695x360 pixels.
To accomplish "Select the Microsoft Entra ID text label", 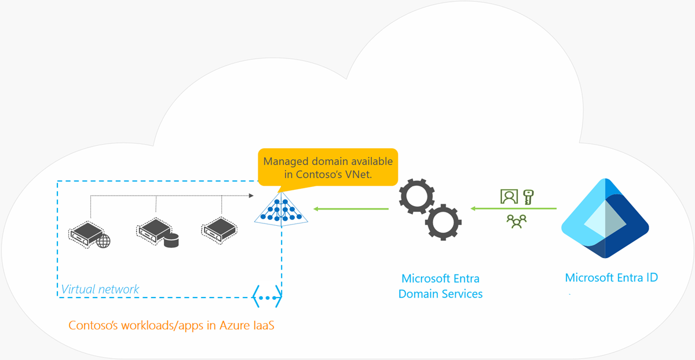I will click(x=611, y=278).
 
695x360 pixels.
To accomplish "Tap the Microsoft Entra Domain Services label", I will click(x=440, y=286).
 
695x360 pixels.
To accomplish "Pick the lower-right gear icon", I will click(x=444, y=222).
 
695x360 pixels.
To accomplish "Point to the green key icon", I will click(x=528, y=197).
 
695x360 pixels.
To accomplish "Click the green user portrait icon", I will click(x=509, y=197).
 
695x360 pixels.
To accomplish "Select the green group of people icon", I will click(x=516, y=221).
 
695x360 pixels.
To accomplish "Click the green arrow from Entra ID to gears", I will click(x=513, y=208).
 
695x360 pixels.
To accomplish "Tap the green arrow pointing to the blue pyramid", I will click(x=351, y=208).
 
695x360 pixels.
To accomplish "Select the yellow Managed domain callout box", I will click(x=328, y=167).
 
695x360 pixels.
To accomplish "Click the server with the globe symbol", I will click(x=87, y=232).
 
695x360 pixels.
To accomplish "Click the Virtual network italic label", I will click(x=100, y=289).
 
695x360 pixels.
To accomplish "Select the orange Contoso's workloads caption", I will click(x=171, y=325).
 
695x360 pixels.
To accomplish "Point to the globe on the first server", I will click(x=103, y=241).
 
